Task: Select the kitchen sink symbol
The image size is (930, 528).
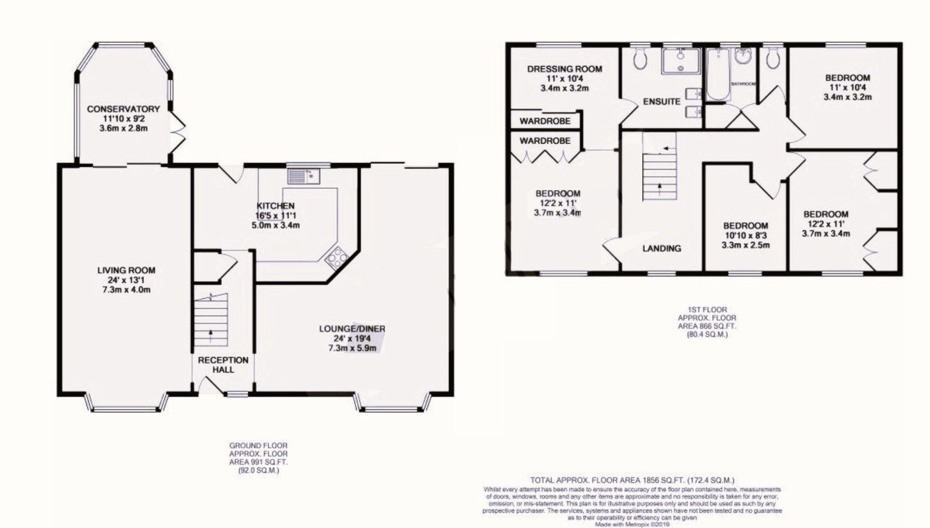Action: [x=304, y=175]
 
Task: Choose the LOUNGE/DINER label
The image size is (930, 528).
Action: [x=352, y=329]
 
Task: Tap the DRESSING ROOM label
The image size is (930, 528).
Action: [x=564, y=68]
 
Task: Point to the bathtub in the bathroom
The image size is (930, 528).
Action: [x=717, y=75]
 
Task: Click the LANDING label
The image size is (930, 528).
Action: [x=661, y=248]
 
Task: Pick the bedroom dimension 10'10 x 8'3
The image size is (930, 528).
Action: [x=746, y=236]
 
